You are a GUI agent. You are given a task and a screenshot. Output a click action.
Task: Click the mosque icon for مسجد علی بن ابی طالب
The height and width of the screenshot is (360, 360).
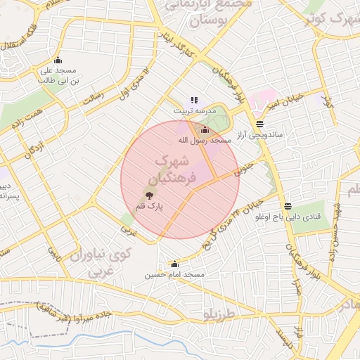[58, 60]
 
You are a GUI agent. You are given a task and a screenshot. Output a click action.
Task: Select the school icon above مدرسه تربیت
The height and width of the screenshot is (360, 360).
[194, 101]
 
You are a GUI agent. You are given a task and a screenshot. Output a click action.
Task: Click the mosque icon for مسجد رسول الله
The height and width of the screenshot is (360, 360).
[205, 129]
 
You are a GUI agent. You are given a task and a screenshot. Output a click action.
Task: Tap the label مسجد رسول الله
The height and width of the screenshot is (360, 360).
[205, 141]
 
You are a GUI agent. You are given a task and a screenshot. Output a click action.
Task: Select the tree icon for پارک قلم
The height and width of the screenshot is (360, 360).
[148, 195]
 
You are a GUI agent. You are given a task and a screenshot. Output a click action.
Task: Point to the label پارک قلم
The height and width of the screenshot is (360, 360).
[148, 206]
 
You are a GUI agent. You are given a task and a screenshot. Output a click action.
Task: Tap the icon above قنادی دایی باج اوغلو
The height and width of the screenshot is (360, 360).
[288, 206]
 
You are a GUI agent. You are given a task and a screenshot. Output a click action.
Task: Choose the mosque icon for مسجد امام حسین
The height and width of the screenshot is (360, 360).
[174, 264]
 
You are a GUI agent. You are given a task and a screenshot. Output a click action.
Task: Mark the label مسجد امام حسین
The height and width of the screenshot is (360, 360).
[174, 275]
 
